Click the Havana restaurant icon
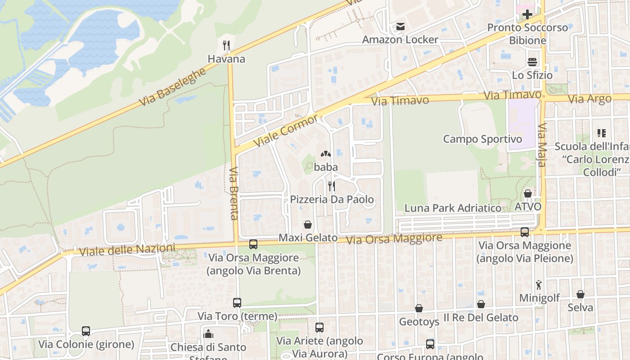click(227, 45)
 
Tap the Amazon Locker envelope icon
click(400, 27)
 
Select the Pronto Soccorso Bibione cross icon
click(527, 14)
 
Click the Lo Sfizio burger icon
click(532, 62)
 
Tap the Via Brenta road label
click(234, 193)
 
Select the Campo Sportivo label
click(482, 139)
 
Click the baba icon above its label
click(326, 154)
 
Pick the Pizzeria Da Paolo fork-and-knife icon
click(332, 186)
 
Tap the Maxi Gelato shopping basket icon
click(308, 224)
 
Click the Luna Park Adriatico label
click(453, 208)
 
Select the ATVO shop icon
click(528, 193)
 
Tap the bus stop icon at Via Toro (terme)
click(237, 303)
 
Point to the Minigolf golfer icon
click(539, 285)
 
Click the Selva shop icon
click(580, 295)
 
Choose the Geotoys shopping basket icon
click(419, 308)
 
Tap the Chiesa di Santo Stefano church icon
click(208, 334)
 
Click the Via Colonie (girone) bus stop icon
click(86, 331)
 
